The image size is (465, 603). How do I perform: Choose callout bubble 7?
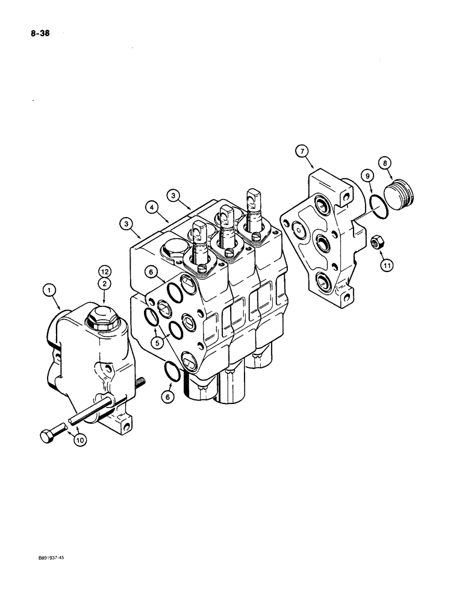[x=303, y=151]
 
